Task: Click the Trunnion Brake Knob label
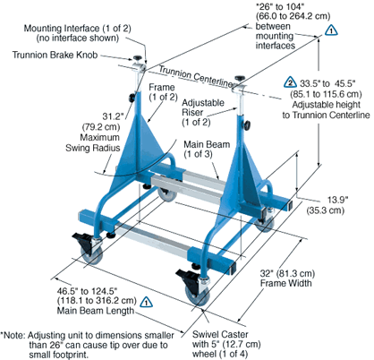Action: (x=55, y=55)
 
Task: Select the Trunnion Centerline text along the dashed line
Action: (x=196, y=76)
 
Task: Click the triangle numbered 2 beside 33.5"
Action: (x=290, y=81)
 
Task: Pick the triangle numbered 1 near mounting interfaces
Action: (x=331, y=30)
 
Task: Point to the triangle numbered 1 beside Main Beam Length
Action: (x=146, y=302)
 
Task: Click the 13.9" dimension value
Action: (x=337, y=200)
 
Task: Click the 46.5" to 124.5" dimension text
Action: (x=87, y=290)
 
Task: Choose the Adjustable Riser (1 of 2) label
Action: (x=203, y=112)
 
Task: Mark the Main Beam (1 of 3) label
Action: (x=207, y=149)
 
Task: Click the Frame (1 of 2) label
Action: (x=163, y=92)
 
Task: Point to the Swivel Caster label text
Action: (x=220, y=334)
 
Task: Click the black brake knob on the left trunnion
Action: (x=138, y=57)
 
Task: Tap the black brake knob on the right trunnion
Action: (x=240, y=79)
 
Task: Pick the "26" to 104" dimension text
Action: (x=280, y=7)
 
